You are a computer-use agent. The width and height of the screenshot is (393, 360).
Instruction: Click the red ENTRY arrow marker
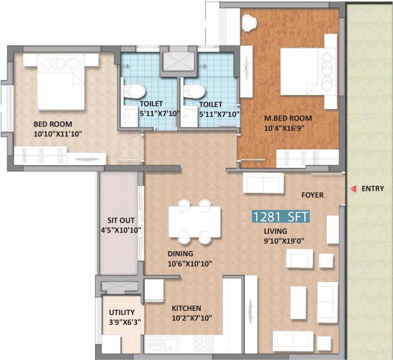point(352,189)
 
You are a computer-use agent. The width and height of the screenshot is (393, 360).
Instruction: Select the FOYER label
point(312,195)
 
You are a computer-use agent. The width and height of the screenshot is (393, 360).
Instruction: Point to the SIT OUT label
point(121,220)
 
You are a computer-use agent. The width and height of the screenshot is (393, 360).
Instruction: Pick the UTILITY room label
point(122,312)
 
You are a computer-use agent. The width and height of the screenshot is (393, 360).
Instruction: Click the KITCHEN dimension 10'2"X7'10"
point(192,318)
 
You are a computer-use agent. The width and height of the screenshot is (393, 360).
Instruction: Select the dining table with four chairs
point(195,221)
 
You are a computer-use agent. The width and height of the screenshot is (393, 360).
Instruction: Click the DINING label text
point(181,254)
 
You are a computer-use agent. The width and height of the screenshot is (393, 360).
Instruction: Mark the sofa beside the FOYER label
point(263,183)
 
